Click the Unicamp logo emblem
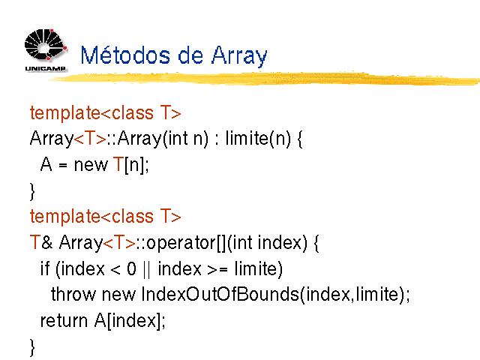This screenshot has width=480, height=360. [46, 45]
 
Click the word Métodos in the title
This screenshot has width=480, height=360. [125, 55]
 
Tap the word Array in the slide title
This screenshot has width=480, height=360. [239, 57]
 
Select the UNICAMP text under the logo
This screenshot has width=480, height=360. [45, 68]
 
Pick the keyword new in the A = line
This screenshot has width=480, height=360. [91, 165]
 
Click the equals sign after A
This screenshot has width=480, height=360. [63, 165]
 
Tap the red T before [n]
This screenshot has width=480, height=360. [118, 164]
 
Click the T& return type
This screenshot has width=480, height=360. [41, 242]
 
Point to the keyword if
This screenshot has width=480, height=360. [45, 268]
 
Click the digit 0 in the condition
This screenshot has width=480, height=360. [132, 268]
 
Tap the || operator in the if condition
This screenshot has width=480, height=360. [147, 269]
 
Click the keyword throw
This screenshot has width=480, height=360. [73, 295]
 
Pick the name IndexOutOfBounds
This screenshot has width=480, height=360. [220, 295]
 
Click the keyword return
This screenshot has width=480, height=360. [64, 321]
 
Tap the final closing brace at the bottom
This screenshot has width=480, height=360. [32, 348]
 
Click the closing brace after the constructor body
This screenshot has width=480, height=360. [32, 192]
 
